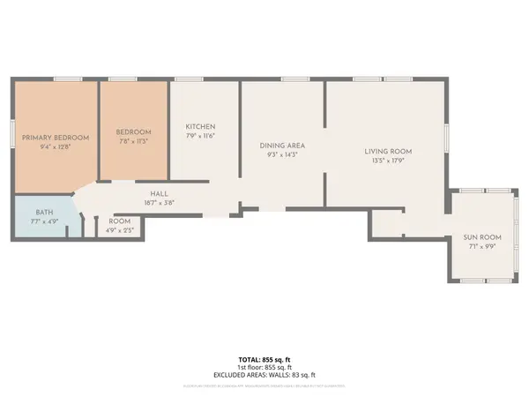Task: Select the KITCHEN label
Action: click(x=200, y=126)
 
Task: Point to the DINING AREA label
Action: click(x=282, y=145)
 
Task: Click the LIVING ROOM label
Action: click(x=388, y=152)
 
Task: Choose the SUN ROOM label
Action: click(x=482, y=237)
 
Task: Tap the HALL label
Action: click(x=159, y=193)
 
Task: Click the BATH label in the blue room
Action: click(x=44, y=213)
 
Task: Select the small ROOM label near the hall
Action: click(x=120, y=221)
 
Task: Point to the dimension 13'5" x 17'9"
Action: click(x=388, y=161)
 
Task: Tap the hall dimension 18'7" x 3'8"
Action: click(x=159, y=202)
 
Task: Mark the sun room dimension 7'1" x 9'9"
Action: click(x=482, y=246)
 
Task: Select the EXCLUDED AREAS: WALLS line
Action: click(x=264, y=376)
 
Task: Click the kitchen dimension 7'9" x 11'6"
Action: click(x=200, y=135)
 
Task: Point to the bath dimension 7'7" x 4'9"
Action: click(x=44, y=221)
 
